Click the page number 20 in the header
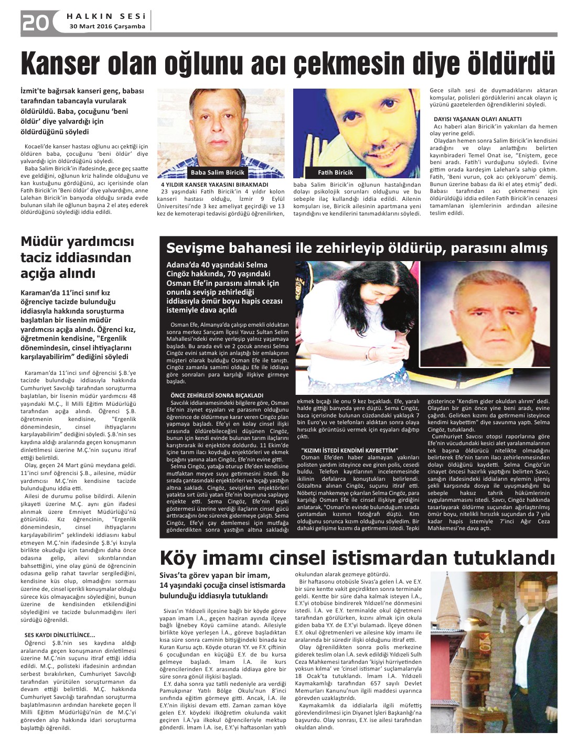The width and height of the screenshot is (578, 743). [x=35, y=23]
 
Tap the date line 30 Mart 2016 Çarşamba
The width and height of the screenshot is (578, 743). [x=108, y=26]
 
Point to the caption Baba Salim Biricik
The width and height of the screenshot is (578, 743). [x=218, y=173]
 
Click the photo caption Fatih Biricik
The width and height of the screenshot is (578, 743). [x=336, y=173]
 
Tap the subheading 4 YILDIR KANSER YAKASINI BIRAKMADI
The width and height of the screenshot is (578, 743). [x=215, y=185]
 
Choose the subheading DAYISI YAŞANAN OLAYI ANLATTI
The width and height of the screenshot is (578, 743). [x=477, y=119]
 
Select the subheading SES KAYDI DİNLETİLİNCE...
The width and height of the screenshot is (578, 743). [x=60, y=636]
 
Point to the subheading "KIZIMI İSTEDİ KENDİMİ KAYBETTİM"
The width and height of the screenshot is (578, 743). [x=350, y=450]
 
